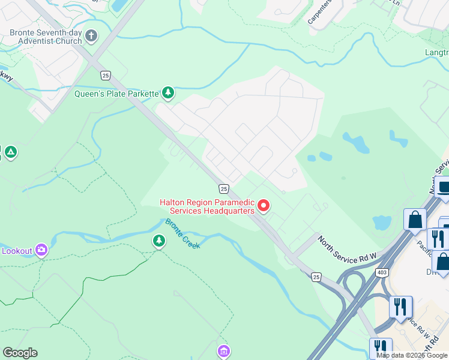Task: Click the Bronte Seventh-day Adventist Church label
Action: (45, 37)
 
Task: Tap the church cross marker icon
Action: (92, 36)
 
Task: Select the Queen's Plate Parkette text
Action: (116, 93)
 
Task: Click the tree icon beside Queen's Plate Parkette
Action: (169, 92)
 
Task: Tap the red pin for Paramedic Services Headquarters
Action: (263, 206)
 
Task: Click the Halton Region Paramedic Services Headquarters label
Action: (207, 206)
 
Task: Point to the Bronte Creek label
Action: (182, 233)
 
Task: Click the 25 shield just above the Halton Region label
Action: (223, 189)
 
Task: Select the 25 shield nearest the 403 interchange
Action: (316, 277)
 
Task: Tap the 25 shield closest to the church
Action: (106, 75)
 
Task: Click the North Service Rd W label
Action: (347, 249)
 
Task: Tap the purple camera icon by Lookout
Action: (41, 250)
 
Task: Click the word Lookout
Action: (16, 250)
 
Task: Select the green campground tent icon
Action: (10, 152)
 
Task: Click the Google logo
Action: (20, 353)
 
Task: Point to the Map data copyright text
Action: (412, 355)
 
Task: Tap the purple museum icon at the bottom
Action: (223, 350)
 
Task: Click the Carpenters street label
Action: (319, 13)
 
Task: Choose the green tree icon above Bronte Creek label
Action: (158, 241)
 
